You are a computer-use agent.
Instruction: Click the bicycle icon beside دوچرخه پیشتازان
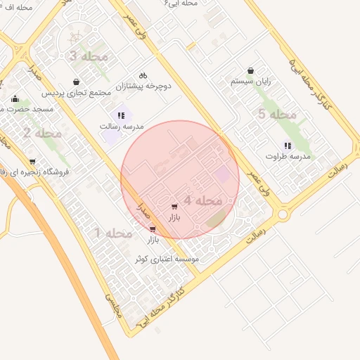point(143,75)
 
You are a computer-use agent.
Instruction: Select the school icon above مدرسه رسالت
point(121,115)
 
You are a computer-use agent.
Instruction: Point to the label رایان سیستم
point(251,82)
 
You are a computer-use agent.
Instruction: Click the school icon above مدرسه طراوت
point(288,146)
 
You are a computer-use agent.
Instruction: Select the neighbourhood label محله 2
point(42,133)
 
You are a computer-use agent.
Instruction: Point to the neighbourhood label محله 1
point(113,233)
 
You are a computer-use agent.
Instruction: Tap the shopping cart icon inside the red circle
point(174,207)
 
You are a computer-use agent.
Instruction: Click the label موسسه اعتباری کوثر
point(169,259)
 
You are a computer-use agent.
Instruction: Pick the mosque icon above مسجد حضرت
point(15,99)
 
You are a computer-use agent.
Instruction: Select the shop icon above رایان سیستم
point(251,70)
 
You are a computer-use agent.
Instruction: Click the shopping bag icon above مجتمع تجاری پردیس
point(76,82)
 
